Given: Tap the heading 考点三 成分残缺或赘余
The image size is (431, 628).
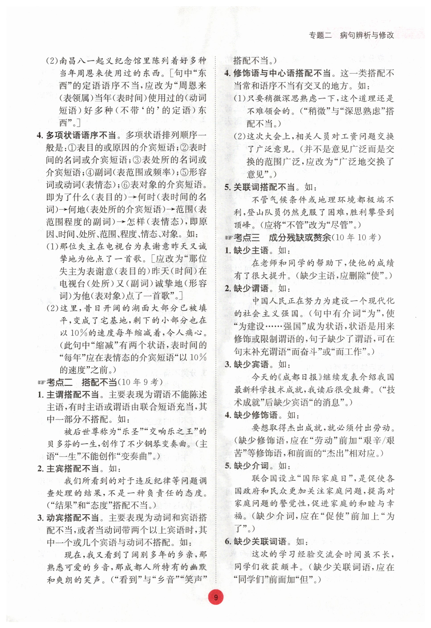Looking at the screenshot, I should pyautogui.click(x=282, y=238).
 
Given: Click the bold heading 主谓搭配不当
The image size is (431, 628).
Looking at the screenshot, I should pyautogui.click(x=72, y=395).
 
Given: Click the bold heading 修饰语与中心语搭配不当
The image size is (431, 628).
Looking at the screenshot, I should pyautogui.click(x=282, y=73).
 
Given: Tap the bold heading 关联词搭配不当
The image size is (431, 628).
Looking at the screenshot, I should pyautogui.click(x=264, y=187).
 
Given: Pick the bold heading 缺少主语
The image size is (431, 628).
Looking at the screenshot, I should pyautogui.click(x=251, y=250).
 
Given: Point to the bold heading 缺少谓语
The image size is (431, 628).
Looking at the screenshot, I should pyautogui.click(x=251, y=288).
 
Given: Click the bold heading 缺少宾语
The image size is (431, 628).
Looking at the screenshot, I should pyautogui.click(x=251, y=364).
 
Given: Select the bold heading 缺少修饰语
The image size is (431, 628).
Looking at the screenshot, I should pyautogui.click(x=255, y=415).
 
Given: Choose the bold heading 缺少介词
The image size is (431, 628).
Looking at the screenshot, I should pyautogui.click(x=251, y=465).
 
